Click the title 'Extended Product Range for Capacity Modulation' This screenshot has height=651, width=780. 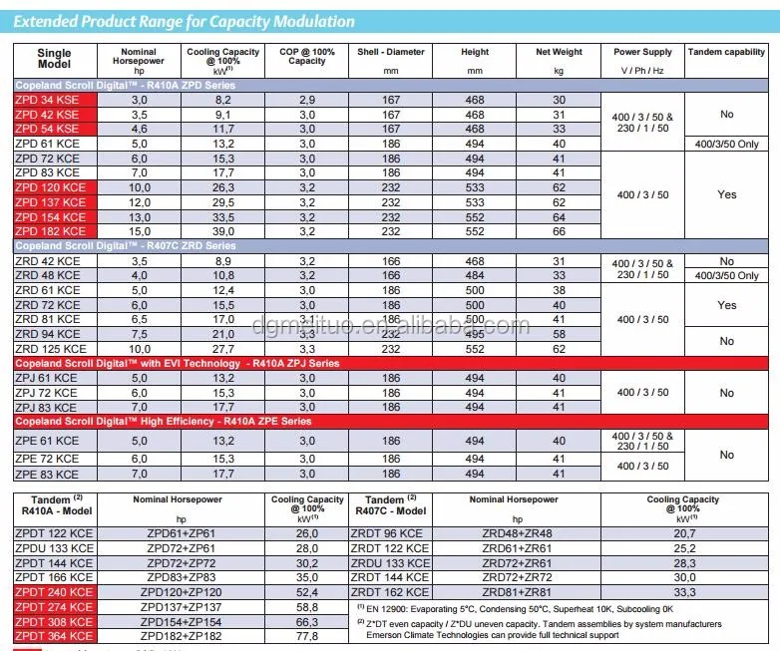pos(185,21)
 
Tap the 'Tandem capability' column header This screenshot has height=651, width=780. pos(727,52)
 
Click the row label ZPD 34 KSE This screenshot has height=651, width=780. pos(47,100)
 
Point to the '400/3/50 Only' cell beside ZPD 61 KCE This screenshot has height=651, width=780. pos(727,144)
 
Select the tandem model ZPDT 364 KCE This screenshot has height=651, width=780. pos(55,635)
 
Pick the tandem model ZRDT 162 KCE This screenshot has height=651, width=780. pos(392,591)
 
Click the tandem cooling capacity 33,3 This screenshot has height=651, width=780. pos(683,591)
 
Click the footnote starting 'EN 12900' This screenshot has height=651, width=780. pos(519,607)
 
